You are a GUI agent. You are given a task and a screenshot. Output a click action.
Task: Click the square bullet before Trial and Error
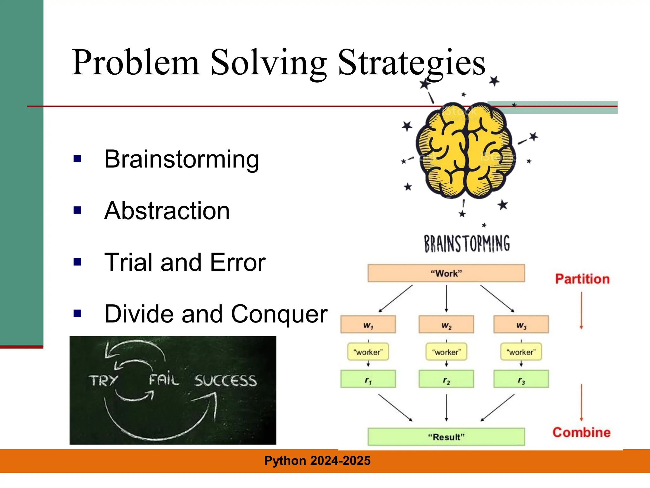pos(77,262)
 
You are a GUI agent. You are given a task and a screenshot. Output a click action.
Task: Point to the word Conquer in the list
pos(279,314)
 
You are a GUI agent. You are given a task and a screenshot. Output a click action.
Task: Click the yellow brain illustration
pos(465,150)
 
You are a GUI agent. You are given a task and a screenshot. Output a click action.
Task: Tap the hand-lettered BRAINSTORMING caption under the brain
pos(467,244)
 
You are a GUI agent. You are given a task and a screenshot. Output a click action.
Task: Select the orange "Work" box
pos(446,273)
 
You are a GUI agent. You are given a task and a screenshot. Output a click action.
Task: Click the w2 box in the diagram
pos(446,324)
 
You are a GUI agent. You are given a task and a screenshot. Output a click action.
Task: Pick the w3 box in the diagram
pos(521,324)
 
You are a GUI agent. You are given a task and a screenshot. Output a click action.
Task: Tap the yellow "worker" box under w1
pos(368,352)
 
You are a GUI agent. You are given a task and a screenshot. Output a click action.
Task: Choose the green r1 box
pos(368,379)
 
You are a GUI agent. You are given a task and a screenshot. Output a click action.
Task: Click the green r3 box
pos(521,379)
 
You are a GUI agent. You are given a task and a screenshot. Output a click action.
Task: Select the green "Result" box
pos(446,437)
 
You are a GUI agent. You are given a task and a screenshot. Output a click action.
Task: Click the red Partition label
pos(582,279)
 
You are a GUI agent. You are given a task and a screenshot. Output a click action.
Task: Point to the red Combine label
pos(581,432)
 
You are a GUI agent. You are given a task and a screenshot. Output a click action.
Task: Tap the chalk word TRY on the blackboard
pos(103,380)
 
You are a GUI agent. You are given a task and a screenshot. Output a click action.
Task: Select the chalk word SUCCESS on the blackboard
pos(225,380)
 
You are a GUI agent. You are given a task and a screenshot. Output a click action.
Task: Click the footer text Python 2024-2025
pos(317,461)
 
